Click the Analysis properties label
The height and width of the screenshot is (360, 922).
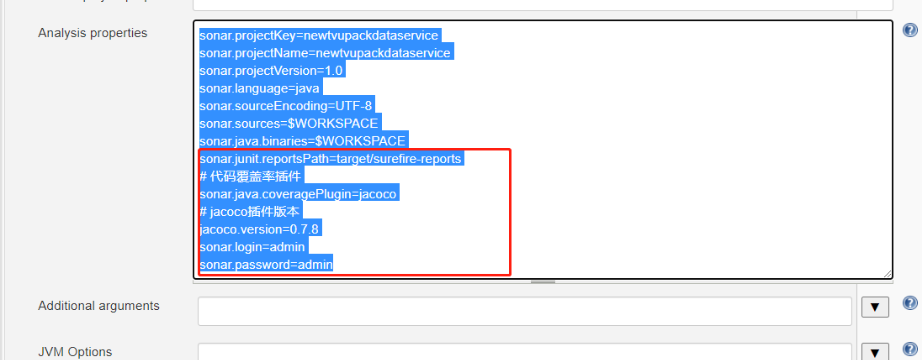pyautogui.click(x=92, y=33)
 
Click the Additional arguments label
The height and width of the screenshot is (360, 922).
pyautogui.click(x=98, y=306)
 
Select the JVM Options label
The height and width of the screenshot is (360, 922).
pyautogui.click(x=75, y=351)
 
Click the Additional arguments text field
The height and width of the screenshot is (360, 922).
pyautogui.click(x=524, y=311)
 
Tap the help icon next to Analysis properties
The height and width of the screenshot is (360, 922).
pyautogui.click(x=909, y=30)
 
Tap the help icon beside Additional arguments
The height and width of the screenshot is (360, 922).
pyautogui.click(x=909, y=303)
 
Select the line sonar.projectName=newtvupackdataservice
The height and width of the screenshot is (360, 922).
pyautogui.click(x=325, y=53)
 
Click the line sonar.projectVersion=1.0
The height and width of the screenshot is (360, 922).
pyautogui.click(x=271, y=71)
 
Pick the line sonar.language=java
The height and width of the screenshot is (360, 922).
pyautogui.click(x=259, y=88)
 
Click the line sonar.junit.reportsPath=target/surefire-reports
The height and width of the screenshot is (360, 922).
pyautogui.click(x=330, y=159)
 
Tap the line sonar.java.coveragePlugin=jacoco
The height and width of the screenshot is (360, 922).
pyautogui.click(x=299, y=194)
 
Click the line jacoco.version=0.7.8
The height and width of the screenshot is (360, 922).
pyautogui.click(x=259, y=229)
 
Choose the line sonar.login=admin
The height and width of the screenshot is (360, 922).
pyautogui.click(x=252, y=246)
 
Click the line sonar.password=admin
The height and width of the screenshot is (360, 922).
pyautogui.click(x=265, y=264)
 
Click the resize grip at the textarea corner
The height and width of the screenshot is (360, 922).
pyautogui.click(x=887, y=273)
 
